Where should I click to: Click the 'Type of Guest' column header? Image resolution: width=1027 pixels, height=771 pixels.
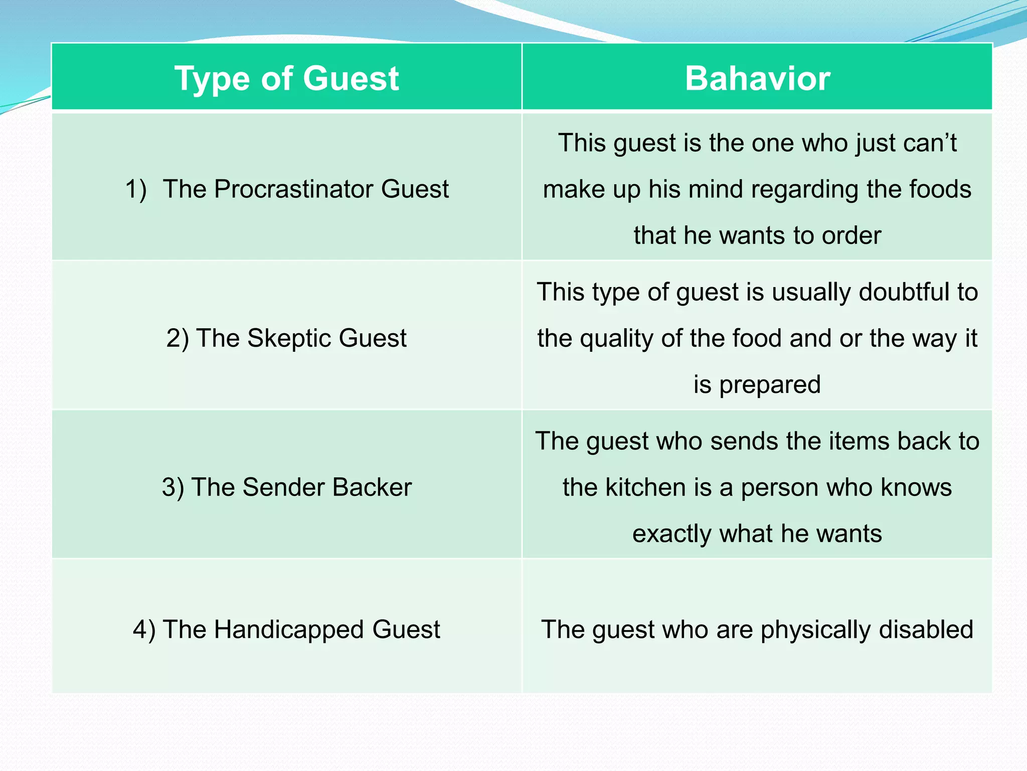(x=286, y=78)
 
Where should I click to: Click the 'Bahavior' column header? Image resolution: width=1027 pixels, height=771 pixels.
(x=757, y=78)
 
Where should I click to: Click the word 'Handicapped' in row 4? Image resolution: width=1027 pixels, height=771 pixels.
(x=289, y=629)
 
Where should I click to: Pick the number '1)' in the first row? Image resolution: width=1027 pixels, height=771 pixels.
(x=135, y=189)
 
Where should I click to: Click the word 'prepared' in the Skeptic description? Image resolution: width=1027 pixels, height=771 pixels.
(x=770, y=384)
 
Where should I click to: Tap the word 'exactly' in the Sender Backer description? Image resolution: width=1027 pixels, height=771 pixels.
(x=672, y=534)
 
